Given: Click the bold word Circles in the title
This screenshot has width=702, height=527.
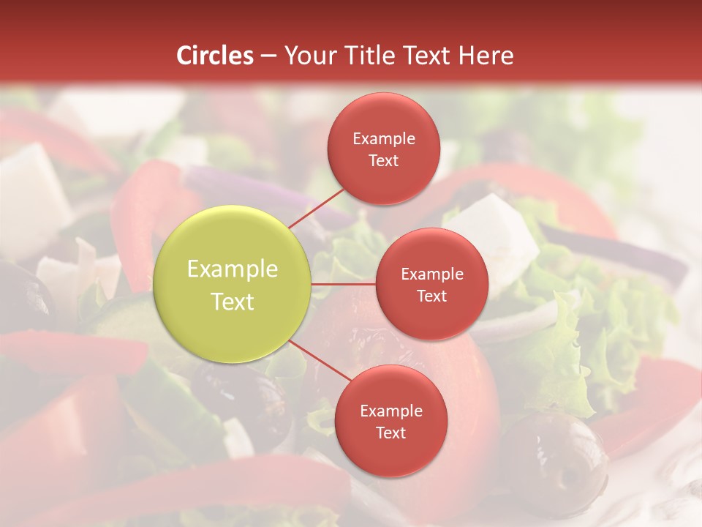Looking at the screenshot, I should click(x=215, y=56).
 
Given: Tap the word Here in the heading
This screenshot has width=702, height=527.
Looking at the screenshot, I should click(x=486, y=56).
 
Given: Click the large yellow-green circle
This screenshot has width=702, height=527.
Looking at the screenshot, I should click(x=233, y=284).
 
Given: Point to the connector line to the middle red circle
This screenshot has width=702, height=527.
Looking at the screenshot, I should click(x=344, y=283).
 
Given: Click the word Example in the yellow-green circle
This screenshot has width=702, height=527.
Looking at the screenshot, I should click(x=233, y=269).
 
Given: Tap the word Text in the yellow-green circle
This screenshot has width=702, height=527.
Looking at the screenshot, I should click(x=233, y=302).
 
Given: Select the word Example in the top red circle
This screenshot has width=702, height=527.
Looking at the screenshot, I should click(x=384, y=138).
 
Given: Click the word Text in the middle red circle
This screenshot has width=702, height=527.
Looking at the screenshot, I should click(x=431, y=296).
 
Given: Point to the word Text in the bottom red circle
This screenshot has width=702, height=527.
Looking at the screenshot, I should click(x=390, y=433).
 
